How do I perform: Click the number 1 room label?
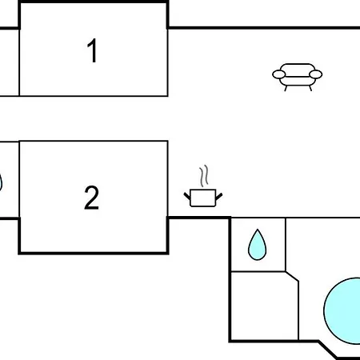[x=92, y=50]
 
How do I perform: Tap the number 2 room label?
[x=91, y=198]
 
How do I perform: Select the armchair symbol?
[x=297, y=78]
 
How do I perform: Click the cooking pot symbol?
[x=203, y=198]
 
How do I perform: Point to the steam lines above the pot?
[x=203, y=176]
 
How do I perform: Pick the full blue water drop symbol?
[x=257, y=245]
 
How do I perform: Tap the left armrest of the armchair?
[x=278, y=74]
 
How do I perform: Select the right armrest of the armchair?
[x=316, y=74]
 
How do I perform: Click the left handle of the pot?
[x=187, y=197]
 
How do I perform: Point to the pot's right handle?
[x=219, y=197]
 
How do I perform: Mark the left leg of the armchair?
[x=286, y=89]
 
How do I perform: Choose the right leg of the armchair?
[x=310, y=89]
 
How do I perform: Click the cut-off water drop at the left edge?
[x=1, y=182]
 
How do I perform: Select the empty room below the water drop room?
[x=264, y=306]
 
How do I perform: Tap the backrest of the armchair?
[x=297, y=70]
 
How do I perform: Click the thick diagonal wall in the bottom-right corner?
[x=328, y=349]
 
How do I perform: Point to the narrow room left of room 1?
[x=10, y=62]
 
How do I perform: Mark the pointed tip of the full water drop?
[x=258, y=230]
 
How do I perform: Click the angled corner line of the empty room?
[x=292, y=277]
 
